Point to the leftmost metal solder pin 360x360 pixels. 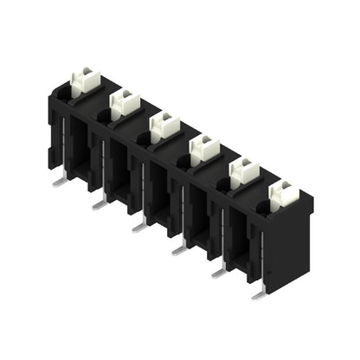pos(58,181)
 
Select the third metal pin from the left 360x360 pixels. pos(138,227)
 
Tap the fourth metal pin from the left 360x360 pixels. pos(178,249)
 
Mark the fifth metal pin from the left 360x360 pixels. pos(218,272)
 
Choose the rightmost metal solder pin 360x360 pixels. pos(258,294)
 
